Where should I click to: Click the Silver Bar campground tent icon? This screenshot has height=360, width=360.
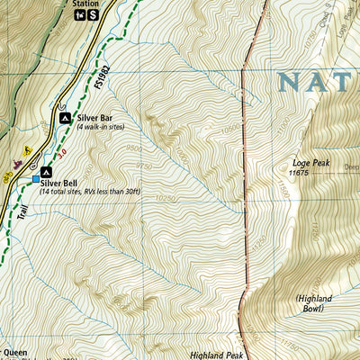65,118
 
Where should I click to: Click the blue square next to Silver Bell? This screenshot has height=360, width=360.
37,179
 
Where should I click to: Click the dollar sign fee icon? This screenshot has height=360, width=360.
94,17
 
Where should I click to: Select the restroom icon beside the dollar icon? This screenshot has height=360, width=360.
80,17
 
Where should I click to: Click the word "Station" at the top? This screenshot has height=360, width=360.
86,4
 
